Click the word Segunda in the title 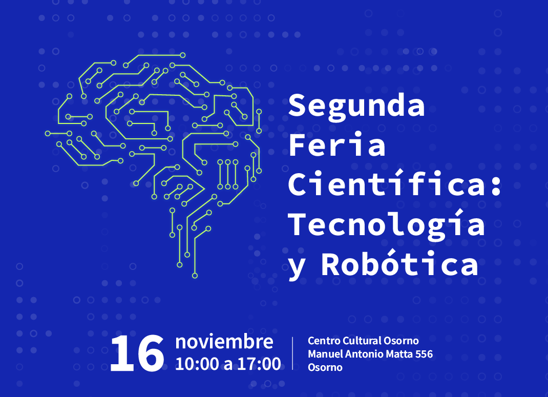[x=356, y=106]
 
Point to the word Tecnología [x=386, y=225]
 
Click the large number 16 [x=137, y=353]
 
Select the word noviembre [x=224, y=342]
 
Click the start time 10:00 [x=197, y=364]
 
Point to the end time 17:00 [x=259, y=364]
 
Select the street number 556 [x=424, y=354]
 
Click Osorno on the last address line [x=325, y=367]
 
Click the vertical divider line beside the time [x=292, y=353]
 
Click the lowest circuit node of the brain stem [x=195, y=276]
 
